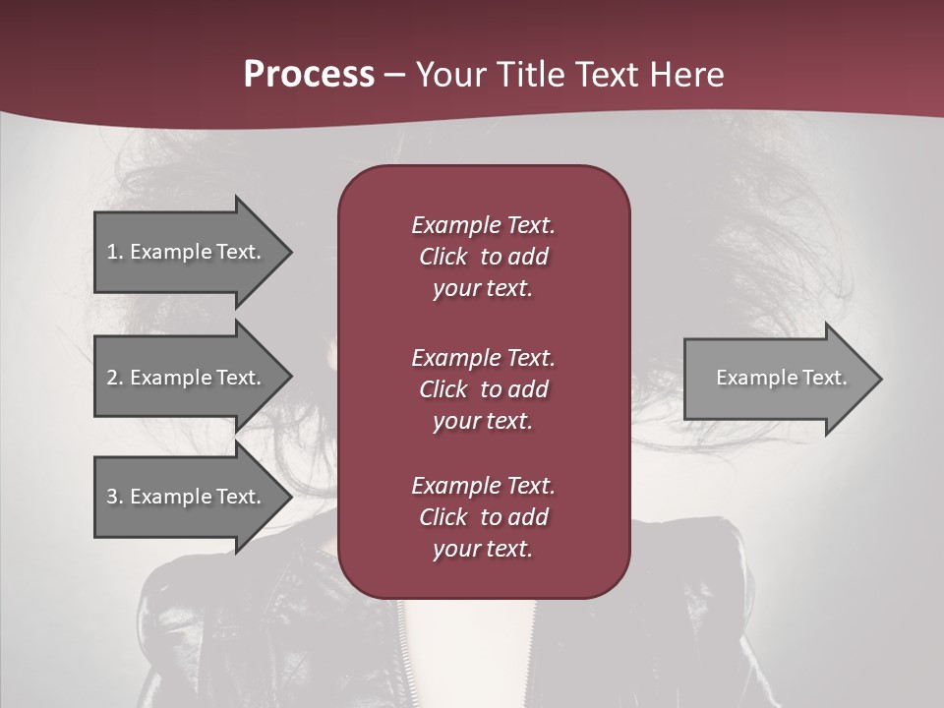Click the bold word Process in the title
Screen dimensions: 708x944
(309, 74)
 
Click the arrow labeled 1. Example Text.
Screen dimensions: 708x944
(187, 252)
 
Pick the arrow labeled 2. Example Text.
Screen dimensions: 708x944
(187, 378)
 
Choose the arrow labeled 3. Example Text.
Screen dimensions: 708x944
(187, 497)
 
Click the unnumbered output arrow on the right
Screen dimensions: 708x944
(777, 378)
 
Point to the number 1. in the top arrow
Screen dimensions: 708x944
(114, 252)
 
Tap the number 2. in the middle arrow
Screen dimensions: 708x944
(114, 378)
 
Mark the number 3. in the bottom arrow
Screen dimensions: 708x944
(114, 497)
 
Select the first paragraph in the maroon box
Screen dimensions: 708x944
(483, 257)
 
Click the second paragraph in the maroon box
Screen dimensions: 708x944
(483, 388)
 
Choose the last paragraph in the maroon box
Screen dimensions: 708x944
(483, 517)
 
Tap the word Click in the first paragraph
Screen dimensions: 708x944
(442, 257)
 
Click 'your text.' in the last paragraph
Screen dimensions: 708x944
(483, 549)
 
